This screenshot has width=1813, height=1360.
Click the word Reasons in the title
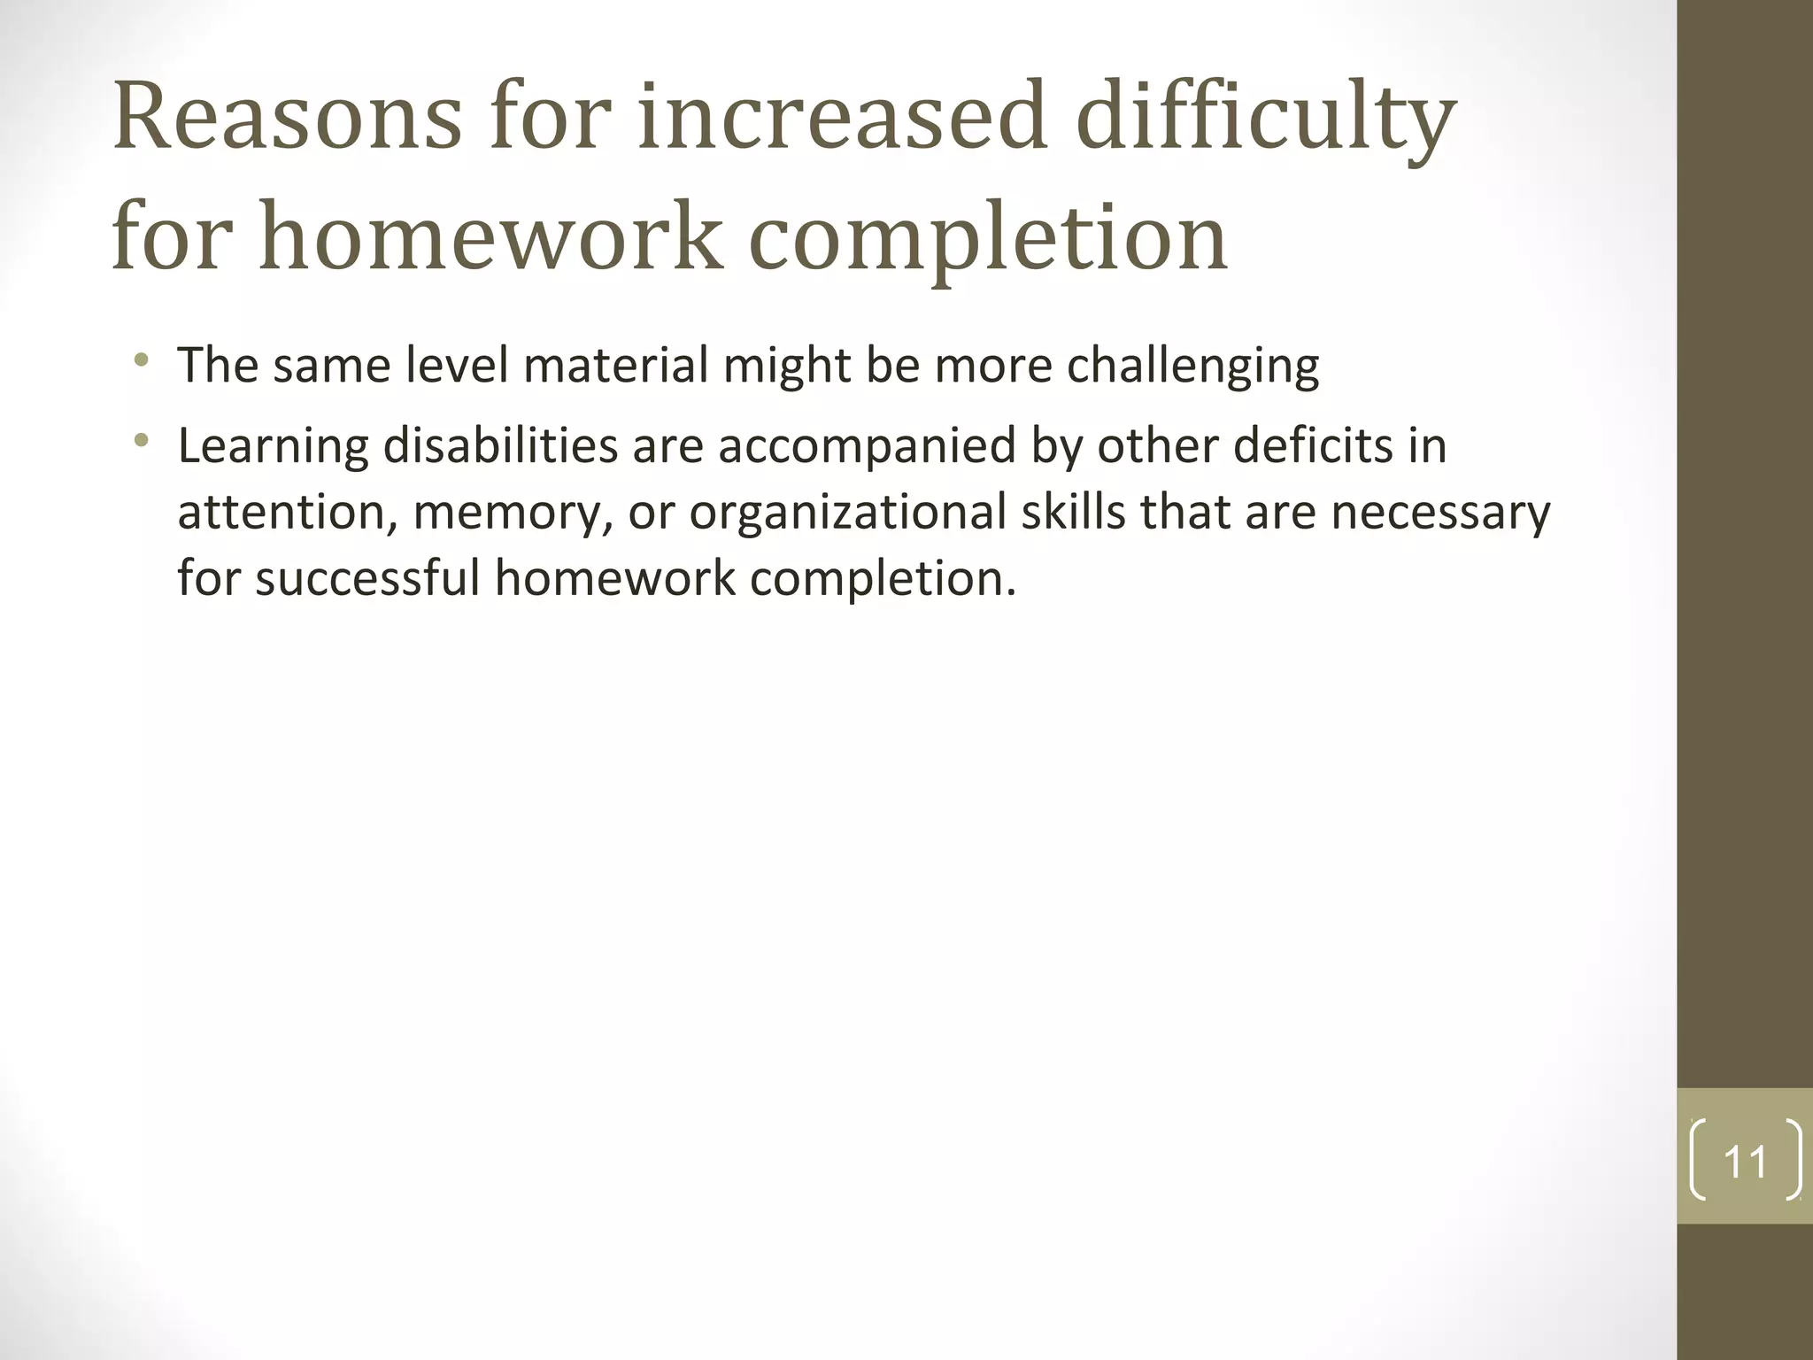pos(287,117)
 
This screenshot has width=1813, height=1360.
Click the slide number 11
pos(1745,1162)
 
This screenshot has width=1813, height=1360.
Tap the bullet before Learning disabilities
pos(141,440)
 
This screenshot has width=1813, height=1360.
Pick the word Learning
pos(273,446)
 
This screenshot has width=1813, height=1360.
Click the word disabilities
pos(500,444)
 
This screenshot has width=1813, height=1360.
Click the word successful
pos(366,577)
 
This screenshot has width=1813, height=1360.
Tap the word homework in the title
pos(491,237)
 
